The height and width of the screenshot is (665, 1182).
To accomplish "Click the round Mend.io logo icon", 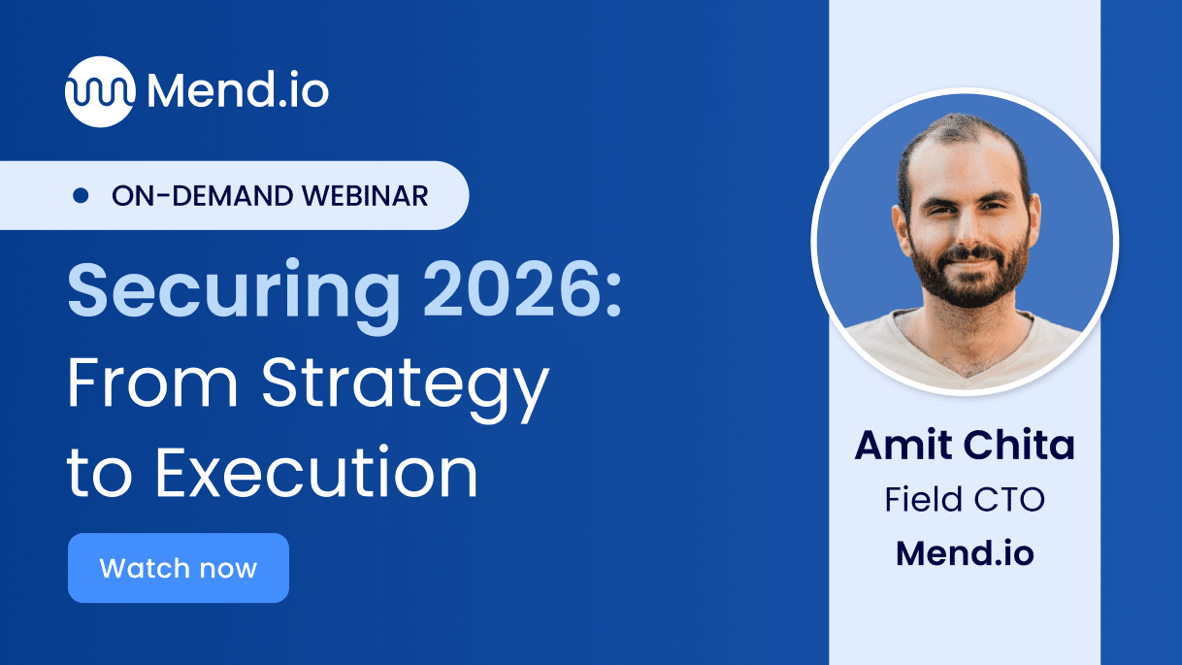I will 99,92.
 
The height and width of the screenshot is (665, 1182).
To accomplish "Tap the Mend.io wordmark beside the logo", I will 238,91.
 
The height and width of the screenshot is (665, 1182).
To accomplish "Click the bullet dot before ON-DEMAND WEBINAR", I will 82,196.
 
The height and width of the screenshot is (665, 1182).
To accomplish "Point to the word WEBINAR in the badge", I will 366,196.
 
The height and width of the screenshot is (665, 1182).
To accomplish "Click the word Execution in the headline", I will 316,473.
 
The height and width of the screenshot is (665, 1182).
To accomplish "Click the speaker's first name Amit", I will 904,446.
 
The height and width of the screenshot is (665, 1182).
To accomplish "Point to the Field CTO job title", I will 965,500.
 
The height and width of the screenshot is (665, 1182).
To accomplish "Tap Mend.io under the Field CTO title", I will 965,552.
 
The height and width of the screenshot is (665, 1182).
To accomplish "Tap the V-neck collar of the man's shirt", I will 961,354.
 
